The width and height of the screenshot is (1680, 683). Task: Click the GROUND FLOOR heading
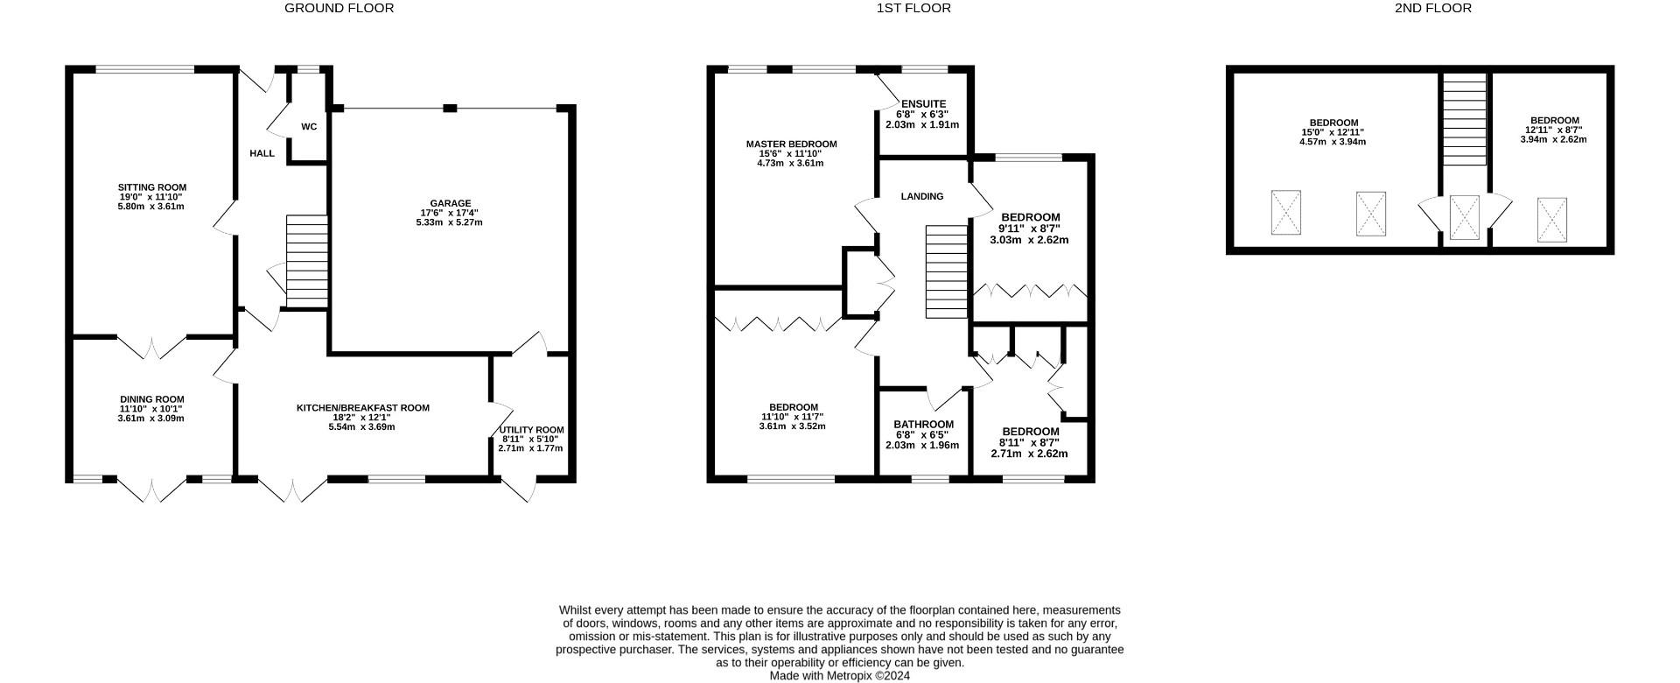(x=339, y=8)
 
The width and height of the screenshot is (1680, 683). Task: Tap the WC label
(x=309, y=127)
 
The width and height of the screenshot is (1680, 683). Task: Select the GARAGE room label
(x=450, y=203)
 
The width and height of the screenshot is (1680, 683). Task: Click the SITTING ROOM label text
(x=152, y=187)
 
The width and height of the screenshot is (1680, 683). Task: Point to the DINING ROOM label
(x=152, y=399)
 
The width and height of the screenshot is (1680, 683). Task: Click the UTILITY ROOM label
(x=531, y=430)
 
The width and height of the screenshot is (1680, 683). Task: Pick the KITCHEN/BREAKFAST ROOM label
(x=363, y=408)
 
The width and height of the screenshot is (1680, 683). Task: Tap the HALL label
(x=262, y=153)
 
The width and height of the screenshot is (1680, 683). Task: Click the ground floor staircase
(x=306, y=262)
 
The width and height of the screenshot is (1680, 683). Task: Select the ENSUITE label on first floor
(x=923, y=104)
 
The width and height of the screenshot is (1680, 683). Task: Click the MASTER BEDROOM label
(x=791, y=144)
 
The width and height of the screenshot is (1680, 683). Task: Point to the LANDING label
(x=922, y=197)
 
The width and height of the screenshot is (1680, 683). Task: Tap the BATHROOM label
(x=923, y=425)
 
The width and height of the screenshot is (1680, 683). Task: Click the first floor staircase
(x=947, y=271)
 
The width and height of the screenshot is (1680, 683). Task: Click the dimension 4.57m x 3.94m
(x=1333, y=142)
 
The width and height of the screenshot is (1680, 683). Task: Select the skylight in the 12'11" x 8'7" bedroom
(x=1552, y=219)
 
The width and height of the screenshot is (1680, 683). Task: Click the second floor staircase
(x=1464, y=119)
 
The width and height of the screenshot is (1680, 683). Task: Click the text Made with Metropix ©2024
(x=840, y=676)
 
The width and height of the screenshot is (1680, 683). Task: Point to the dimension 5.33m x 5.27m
(x=450, y=222)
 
